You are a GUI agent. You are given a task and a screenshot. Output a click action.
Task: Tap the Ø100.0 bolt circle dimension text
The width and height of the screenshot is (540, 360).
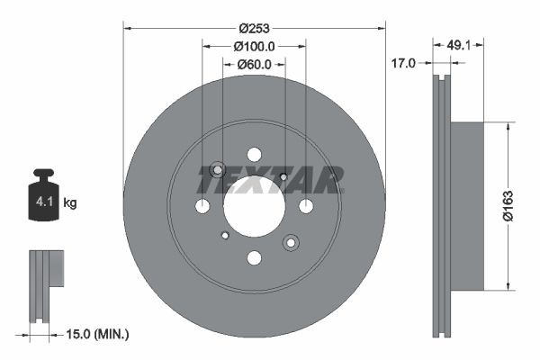coord(253,45)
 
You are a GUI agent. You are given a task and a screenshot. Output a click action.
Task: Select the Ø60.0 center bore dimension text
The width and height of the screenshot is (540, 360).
coord(254,64)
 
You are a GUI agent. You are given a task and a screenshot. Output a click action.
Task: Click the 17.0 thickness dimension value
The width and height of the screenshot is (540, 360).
coord(404,64)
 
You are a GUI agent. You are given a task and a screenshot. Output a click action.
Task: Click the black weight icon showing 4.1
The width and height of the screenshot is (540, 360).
coord(43,196)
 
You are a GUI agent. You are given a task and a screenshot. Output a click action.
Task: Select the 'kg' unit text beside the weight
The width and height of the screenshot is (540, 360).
coord(70,203)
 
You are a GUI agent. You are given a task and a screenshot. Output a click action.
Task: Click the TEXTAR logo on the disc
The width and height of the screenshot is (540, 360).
coord(270,180)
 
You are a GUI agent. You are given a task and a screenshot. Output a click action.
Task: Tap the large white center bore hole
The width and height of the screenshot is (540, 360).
coord(254,206)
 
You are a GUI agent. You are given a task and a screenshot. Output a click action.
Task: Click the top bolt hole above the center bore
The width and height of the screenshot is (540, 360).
coord(254,154)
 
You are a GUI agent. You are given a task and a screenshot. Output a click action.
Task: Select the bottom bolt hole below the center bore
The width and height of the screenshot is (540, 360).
coord(254,258)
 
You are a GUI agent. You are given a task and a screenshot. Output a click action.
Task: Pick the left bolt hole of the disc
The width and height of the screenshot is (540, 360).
coord(202,206)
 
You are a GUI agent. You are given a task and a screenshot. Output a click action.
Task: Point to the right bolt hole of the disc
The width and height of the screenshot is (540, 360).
coord(306,206)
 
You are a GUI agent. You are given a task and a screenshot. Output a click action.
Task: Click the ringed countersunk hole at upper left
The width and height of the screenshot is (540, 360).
coord(217,170)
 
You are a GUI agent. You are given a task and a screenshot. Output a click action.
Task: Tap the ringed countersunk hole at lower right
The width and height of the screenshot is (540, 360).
coord(291,242)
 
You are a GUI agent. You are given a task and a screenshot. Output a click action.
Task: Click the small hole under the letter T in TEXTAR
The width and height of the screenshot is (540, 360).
coord(283,176)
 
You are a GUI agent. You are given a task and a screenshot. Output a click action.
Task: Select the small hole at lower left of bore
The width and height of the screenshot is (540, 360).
coord(224,236)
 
